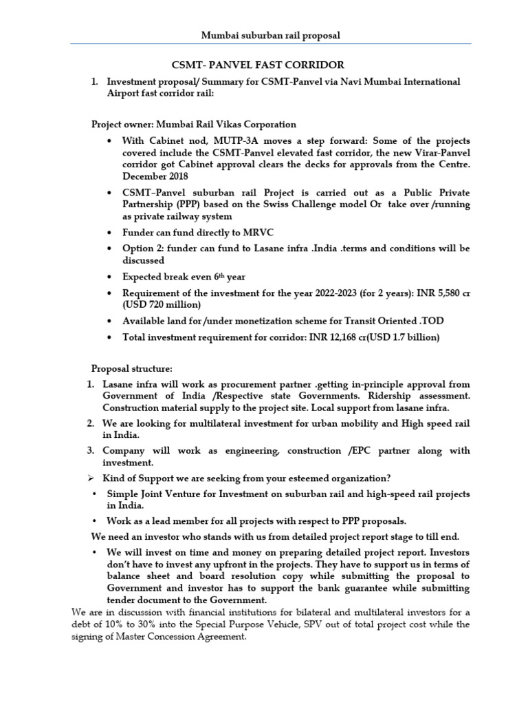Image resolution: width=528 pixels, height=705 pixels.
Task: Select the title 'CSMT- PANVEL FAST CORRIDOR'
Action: pyautogui.click(x=257, y=65)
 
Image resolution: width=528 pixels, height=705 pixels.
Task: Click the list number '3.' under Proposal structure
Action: pyautogui.click(x=91, y=450)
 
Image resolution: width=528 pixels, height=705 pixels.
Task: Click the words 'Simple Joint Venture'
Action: pyautogui.click(x=151, y=494)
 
